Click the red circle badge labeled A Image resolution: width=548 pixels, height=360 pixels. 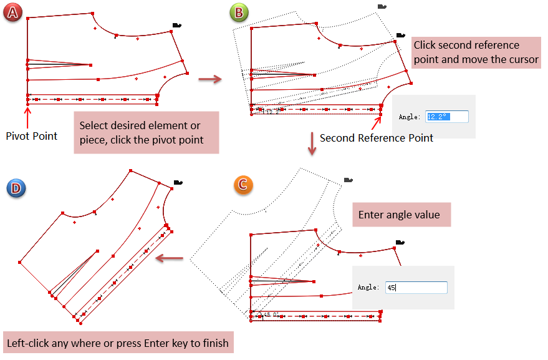(x=12, y=12)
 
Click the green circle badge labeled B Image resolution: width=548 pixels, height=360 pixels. (x=238, y=12)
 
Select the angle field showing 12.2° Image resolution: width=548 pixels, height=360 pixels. (x=446, y=117)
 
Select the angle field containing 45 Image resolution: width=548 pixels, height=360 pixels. (x=416, y=288)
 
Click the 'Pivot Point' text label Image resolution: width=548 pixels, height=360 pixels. (x=32, y=135)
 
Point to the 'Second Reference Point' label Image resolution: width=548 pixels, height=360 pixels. (x=377, y=138)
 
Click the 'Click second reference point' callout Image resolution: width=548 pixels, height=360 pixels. (x=476, y=52)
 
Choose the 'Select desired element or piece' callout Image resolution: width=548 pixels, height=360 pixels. (x=146, y=132)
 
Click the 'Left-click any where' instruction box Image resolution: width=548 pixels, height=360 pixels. (x=118, y=343)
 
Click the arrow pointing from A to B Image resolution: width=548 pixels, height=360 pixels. (x=210, y=79)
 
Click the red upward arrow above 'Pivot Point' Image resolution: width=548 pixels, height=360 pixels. (x=27, y=115)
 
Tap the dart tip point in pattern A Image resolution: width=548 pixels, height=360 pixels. (x=90, y=64)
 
